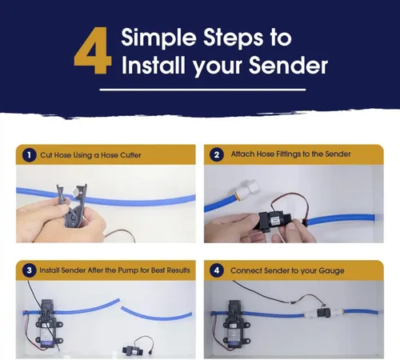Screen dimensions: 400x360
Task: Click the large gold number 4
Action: pos(93,50)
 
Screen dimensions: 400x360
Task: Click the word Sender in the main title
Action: pos(288,66)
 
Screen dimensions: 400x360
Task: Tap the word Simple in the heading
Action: pos(159,38)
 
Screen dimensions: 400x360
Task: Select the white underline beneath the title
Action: pos(202,90)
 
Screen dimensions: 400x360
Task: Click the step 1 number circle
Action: pos(29,155)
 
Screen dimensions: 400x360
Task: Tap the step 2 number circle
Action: pos(217,154)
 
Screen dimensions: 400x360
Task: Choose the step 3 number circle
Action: pos(29,270)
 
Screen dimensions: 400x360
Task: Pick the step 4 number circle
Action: pos(217,270)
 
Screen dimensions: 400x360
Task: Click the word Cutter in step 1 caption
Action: pos(130,155)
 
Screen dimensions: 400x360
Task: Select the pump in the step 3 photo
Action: pos(49,323)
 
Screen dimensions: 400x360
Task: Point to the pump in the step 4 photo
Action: pos(236,323)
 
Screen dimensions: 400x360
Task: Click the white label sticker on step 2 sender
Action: pos(275,220)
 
